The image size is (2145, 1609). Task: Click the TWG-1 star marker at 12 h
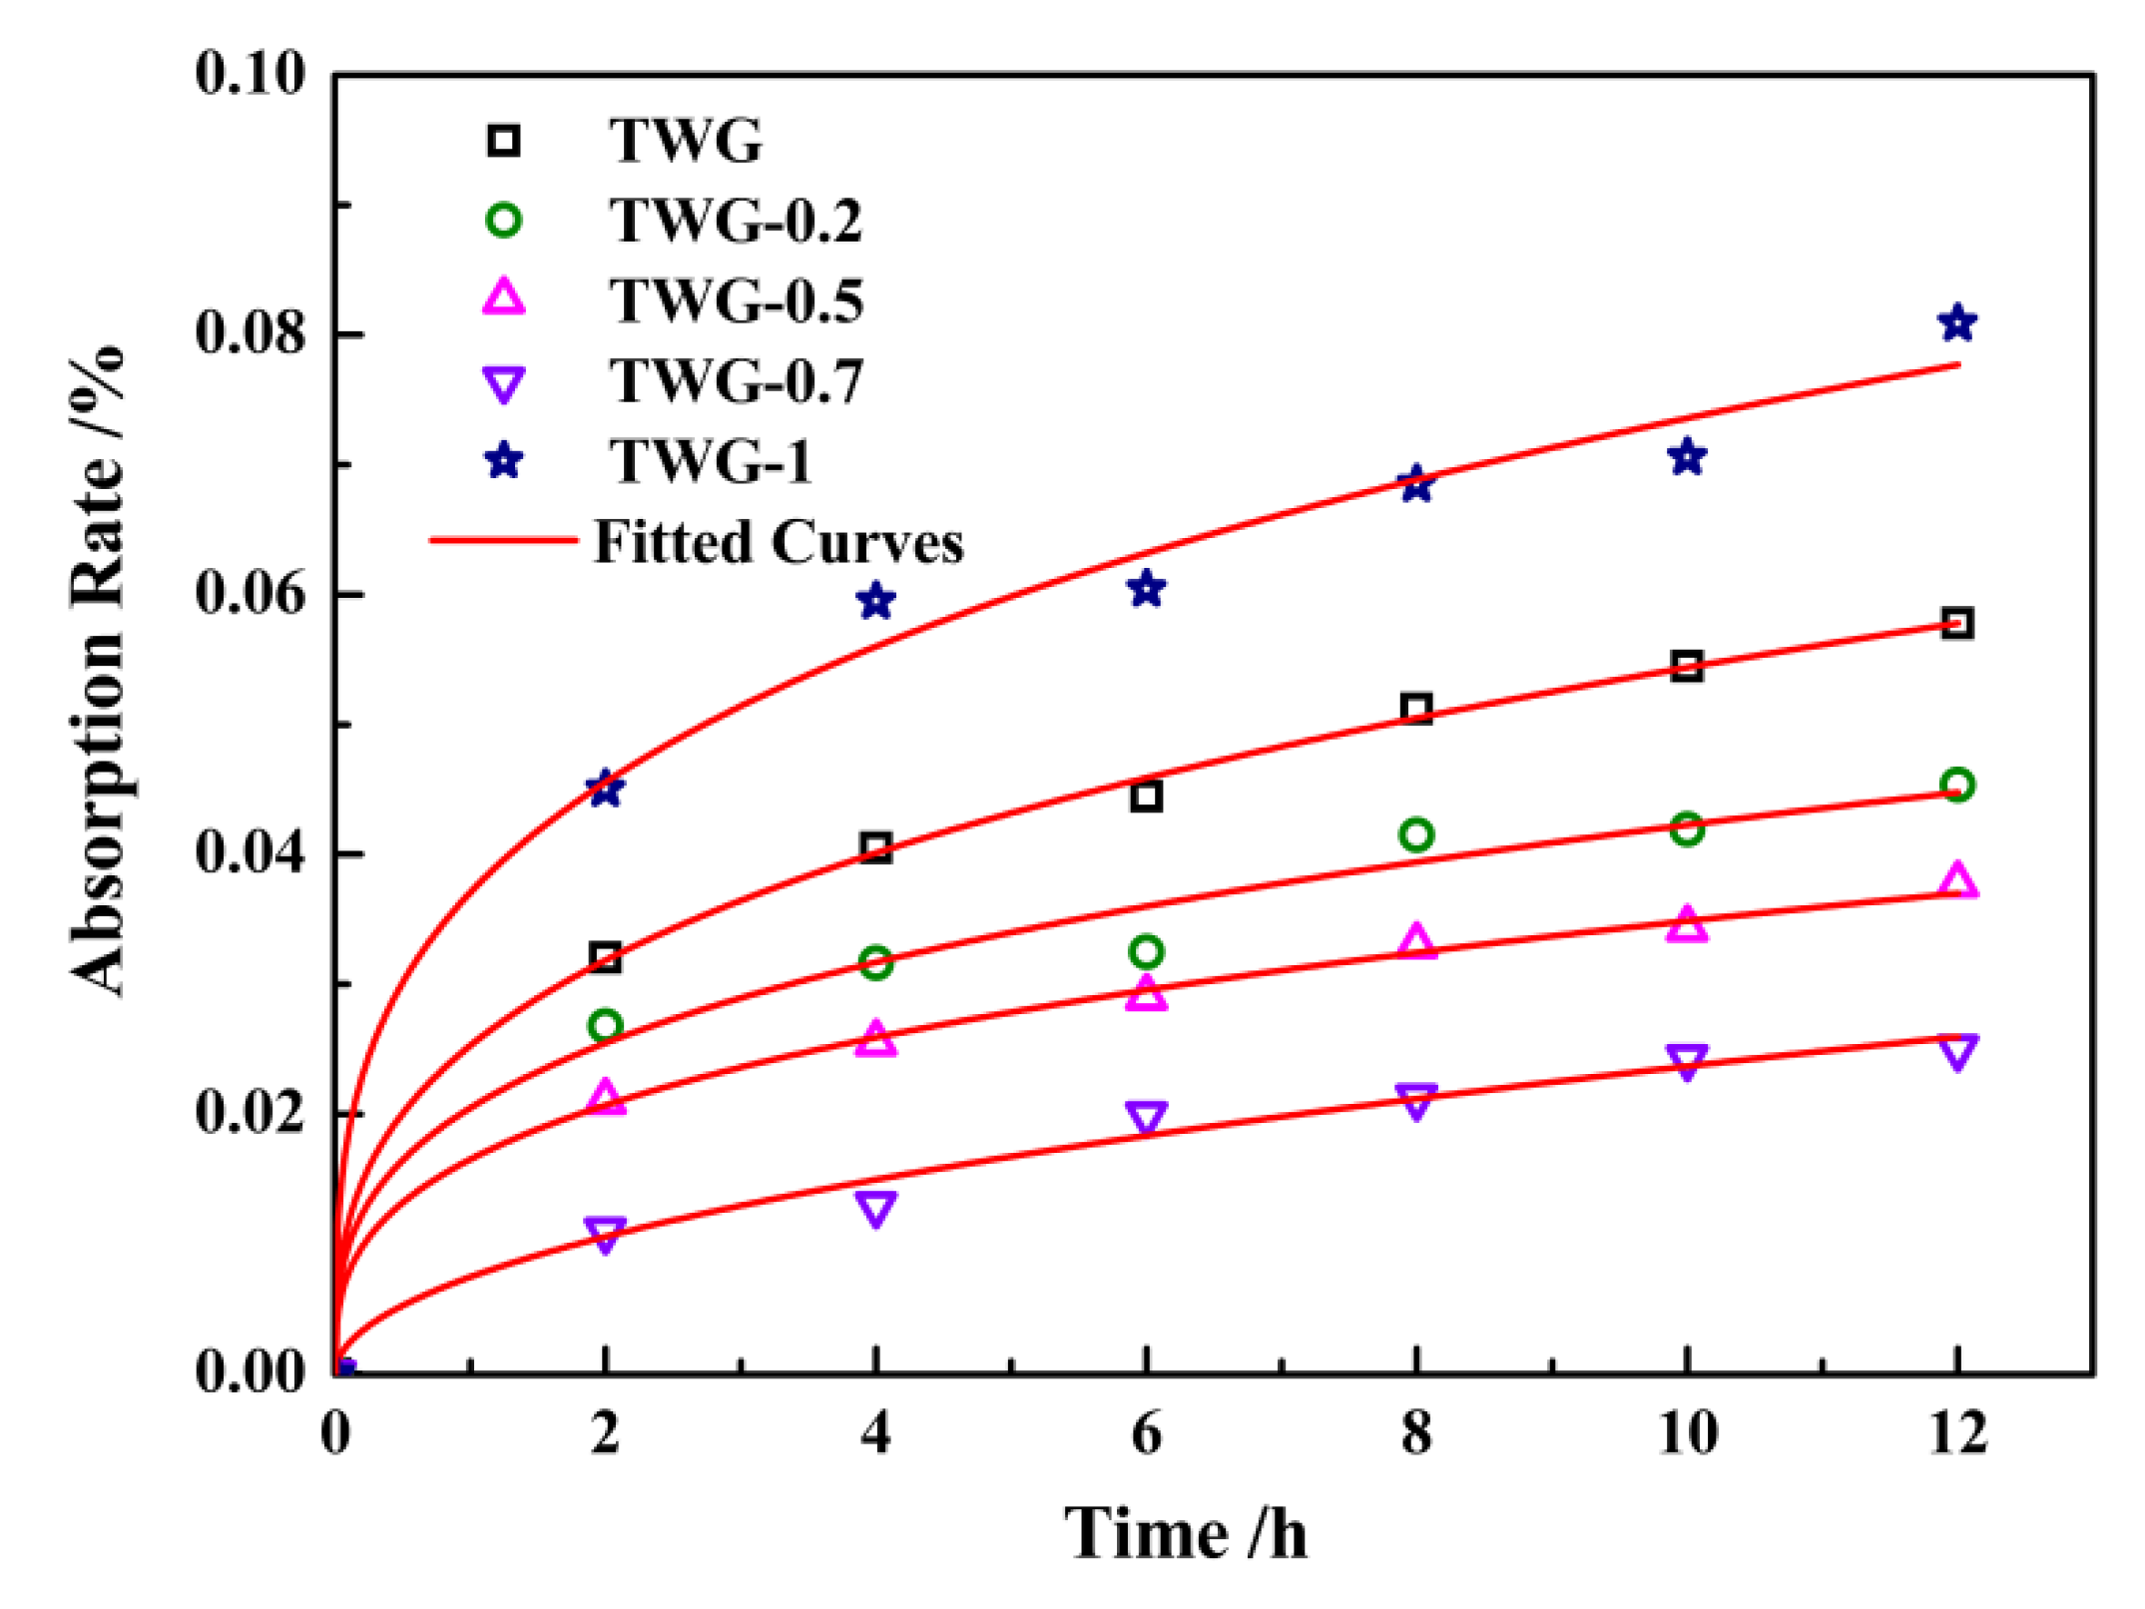coord(1957,323)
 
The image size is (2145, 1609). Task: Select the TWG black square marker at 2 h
coord(605,957)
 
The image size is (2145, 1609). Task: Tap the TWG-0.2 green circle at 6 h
coord(1146,951)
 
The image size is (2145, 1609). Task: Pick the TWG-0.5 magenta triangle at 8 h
coord(1416,941)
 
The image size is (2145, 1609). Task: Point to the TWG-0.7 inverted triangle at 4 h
coord(875,1208)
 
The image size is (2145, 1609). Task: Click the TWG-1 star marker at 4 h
coord(875,601)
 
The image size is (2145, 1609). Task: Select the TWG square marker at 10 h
coord(1687,666)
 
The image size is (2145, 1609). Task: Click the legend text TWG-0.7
coord(737,381)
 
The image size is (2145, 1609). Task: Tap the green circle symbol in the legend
coord(504,220)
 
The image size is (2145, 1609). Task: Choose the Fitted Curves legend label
coord(779,542)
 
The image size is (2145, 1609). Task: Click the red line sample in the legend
coord(504,541)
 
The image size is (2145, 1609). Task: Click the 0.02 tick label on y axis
coord(251,1112)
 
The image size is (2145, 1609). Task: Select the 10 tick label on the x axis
coord(1687,1433)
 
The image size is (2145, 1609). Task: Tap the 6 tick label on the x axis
coord(1146,1433)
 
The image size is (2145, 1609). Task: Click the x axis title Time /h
coord(1185,1533)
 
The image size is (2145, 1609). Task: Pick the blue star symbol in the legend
coord(504,461)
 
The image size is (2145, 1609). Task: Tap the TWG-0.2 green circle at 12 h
coord(1957,785)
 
